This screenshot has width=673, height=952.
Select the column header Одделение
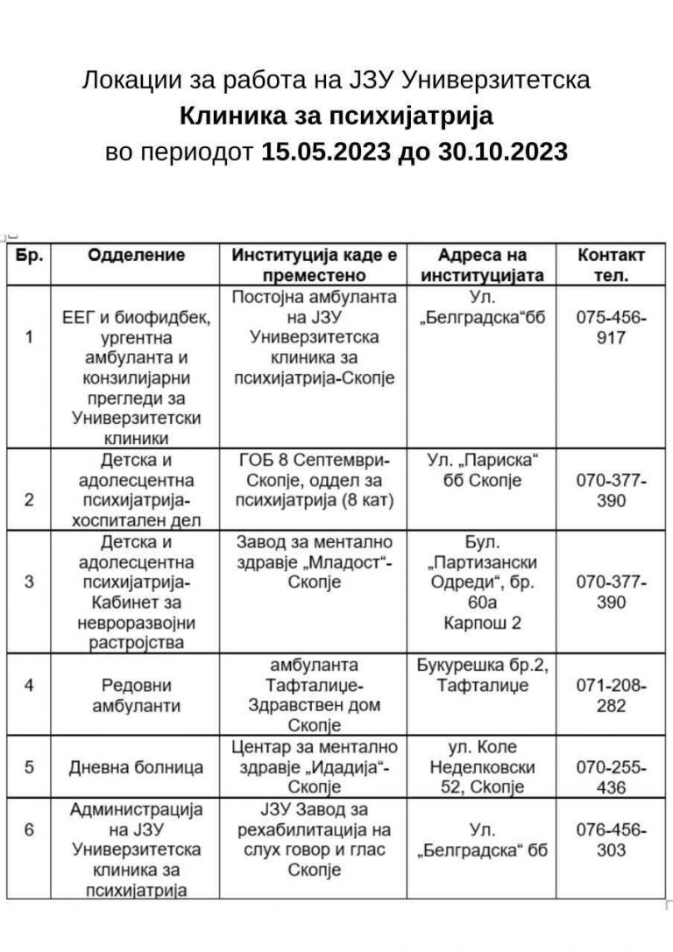pyautogui.click(x=136, y=256)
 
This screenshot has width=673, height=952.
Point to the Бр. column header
pyautogui.click(x=29, y=256)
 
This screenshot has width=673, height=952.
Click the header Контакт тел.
pyautogui.click(x=611, y=264)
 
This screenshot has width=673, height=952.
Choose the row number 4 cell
pyautogui.click(x=29, y=685)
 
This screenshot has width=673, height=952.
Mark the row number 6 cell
pyautogui.click(x=29, y=829)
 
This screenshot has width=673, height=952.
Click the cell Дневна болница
pyautogui.click(x=136, y=767)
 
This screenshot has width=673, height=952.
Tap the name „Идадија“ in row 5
pyautogui.click(x=338, y=767)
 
